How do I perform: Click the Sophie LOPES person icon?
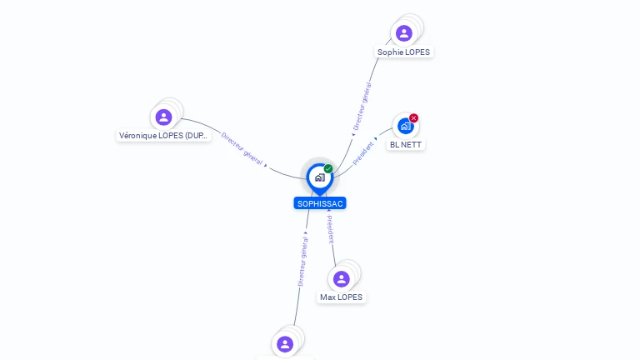[x=404, y=33]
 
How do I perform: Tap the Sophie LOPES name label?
[x=404, y=52]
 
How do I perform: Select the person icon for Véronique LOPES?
[x=163, y=117]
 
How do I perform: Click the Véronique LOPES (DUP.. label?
[x=163, y=135]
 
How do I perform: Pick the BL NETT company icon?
[x=405, y=126]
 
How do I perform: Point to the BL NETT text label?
[x=406, y=144]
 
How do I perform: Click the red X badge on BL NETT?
[x=414, y=118]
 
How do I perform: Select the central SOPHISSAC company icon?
[x=319, y=177]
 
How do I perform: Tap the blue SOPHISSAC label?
[x=319, y=203]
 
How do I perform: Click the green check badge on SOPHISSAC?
[x=328, y=168]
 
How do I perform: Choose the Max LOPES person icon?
[x=341, y=279]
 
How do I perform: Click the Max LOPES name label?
[x=341, y=297]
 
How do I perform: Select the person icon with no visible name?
[x=285, y=343]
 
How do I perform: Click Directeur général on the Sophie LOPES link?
[x=362, y=106]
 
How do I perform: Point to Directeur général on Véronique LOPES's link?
[x=242, y=147]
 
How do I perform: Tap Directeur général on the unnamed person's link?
[x=303, y=262]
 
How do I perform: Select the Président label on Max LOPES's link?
[x=330, y=229]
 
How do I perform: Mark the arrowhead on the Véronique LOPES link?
[x=266, y=165]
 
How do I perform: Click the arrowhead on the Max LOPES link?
[x=328, y=210]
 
